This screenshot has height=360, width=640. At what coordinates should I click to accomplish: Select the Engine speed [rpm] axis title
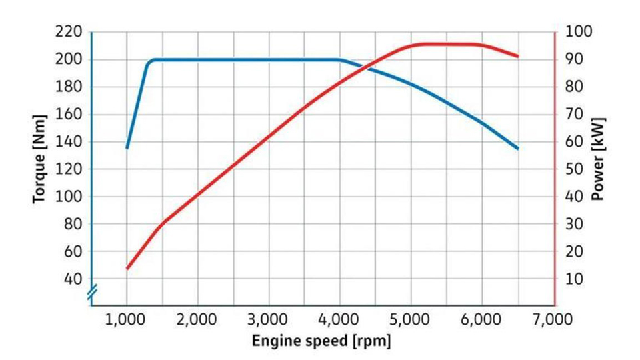[x=321, y=341]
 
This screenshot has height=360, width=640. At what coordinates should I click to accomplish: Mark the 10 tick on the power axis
[x=573, y=279]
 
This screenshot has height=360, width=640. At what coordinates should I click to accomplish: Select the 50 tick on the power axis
[x=573, y=169]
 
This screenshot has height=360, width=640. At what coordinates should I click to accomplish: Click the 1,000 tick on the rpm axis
[x=127, y=319]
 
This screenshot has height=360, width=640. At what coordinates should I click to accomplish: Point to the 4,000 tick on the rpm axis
[x=340, y=319]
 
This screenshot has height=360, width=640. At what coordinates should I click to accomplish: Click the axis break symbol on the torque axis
[x=91, y=291]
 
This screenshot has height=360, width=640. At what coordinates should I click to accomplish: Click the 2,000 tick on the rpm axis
[x=198, y=319]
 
